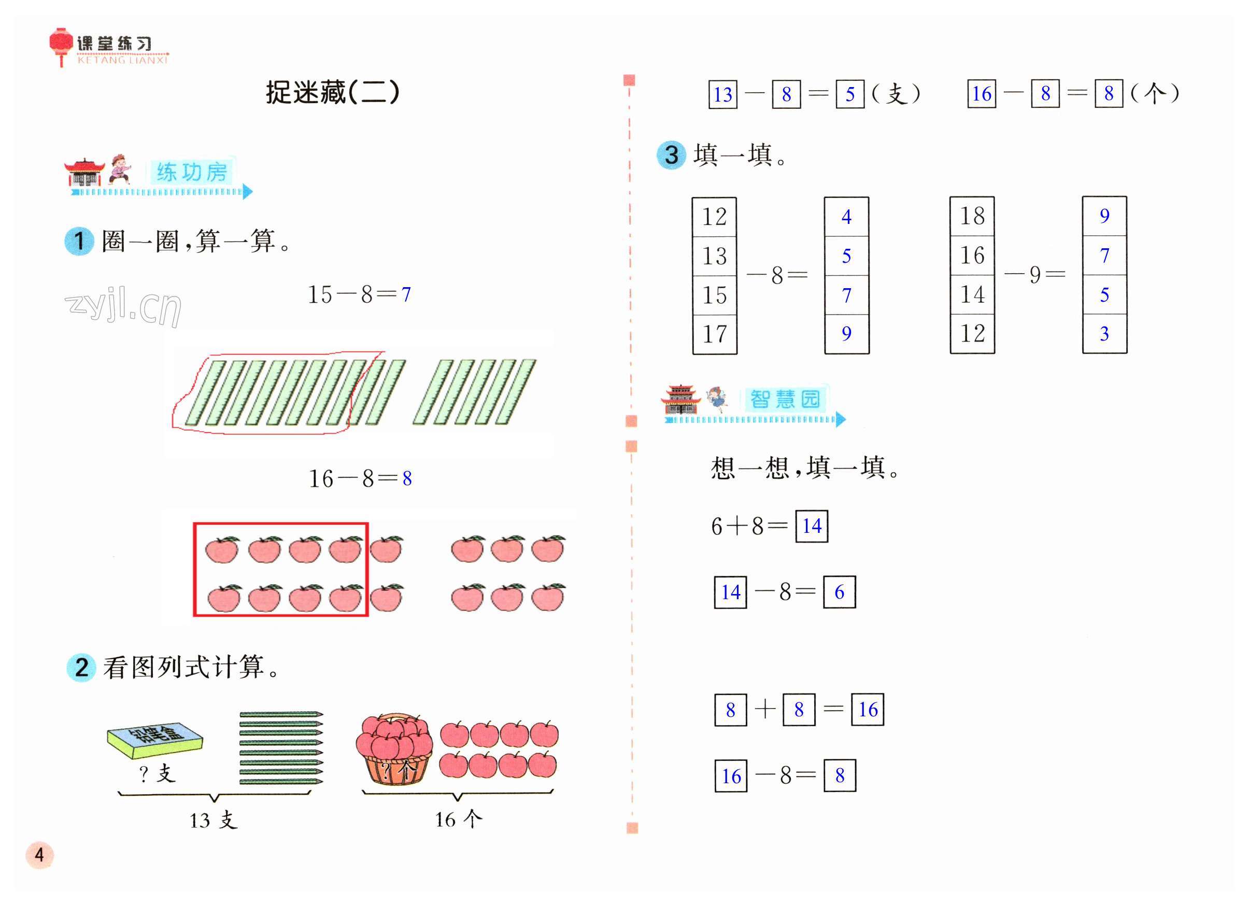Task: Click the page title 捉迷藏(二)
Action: pos(332,92)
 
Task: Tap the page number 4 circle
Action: pos(39,854)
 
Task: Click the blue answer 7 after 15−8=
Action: pos(406,295)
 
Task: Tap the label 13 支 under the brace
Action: pos(214,820)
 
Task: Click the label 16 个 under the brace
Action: pos(458,819)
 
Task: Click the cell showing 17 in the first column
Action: pos(714,334)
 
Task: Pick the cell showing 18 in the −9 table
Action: pos(972,216)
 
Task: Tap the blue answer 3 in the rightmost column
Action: pos(1104,334)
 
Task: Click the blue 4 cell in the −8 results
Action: pos(846,217)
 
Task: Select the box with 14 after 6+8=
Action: pos(812,526)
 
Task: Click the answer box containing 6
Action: pos(839,592)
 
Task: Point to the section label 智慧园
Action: pos(785,399)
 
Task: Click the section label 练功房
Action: pos(192,172)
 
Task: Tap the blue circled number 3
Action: pos(671,155)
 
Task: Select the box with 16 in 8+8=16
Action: pos(868,710)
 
